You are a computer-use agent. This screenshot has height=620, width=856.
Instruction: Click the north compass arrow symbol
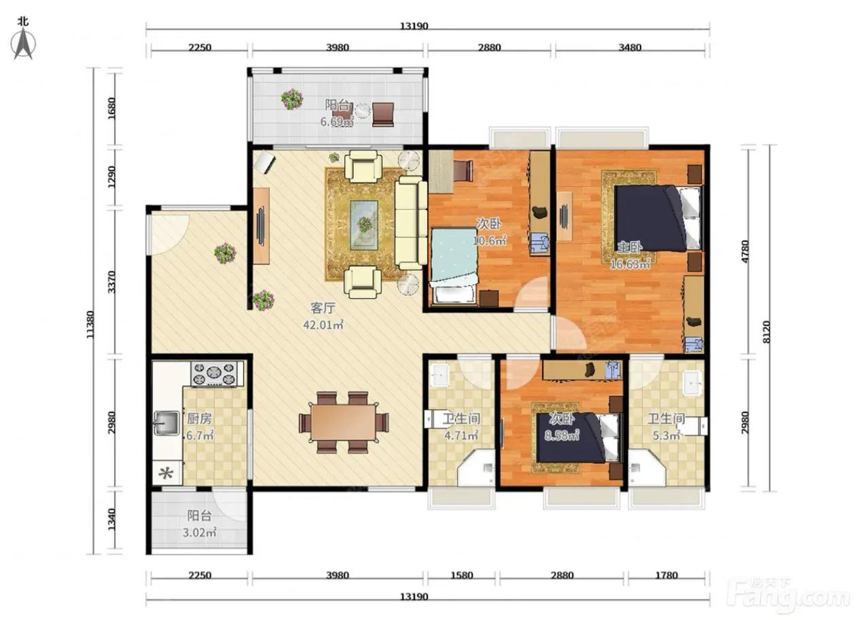23,44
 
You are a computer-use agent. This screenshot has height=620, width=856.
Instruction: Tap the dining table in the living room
344,422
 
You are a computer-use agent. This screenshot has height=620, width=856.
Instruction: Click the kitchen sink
166,423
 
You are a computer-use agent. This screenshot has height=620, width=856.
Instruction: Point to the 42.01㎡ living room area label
323,325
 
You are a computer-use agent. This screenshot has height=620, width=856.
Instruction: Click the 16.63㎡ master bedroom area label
630,264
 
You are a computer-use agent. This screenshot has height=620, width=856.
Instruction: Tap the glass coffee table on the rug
364,225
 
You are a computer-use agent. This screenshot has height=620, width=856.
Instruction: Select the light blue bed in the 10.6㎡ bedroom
454,266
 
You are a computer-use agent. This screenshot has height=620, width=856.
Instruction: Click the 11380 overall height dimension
90,325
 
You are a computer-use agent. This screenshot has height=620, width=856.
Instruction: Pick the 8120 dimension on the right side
766,331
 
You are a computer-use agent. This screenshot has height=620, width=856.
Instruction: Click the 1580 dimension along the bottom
462,575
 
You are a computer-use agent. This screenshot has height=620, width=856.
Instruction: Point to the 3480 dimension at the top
630,48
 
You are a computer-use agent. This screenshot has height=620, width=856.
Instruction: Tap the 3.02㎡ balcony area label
200,532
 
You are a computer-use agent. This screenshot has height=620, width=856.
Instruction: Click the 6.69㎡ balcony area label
337,122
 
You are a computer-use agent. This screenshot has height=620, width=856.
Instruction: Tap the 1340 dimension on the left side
111,519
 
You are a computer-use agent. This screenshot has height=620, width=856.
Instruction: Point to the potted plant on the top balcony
292,99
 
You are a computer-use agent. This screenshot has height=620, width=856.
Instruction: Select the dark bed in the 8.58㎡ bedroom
577,438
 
